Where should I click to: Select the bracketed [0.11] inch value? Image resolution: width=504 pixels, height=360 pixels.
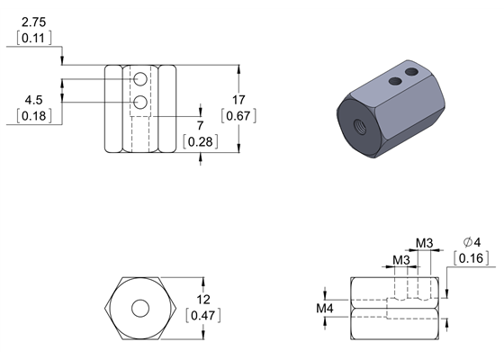pos(33,38)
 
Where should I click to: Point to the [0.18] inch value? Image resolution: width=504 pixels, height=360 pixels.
pos(33,117)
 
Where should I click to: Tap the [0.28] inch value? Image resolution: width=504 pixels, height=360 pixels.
pos(199,141)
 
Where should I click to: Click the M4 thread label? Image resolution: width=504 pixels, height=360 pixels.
pos(327,309)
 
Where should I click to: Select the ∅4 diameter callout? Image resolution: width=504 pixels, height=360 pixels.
pos(472,242)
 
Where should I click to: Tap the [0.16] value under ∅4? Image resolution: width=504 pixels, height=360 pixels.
pos(472,259)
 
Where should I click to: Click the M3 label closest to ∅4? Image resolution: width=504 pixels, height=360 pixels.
pos(426,242)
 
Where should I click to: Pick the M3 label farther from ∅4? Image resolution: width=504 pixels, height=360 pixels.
pos(402,260)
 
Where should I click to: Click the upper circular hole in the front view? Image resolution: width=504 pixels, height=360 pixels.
pos(140,82)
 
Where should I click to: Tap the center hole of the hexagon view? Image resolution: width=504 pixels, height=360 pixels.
pos(140,308)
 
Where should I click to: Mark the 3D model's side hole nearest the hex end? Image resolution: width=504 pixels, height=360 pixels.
pos(394,81)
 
